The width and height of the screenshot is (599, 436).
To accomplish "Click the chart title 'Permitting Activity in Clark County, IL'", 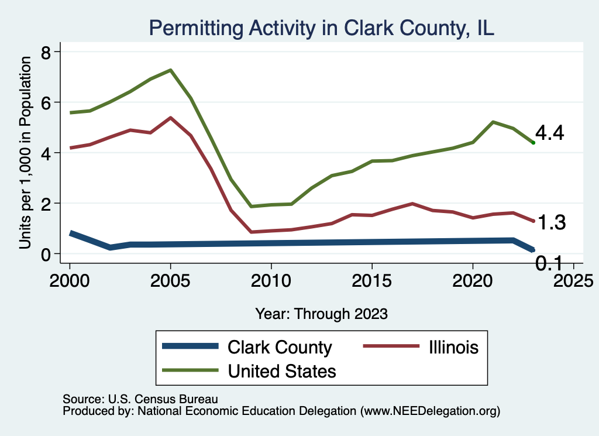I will (322, 28).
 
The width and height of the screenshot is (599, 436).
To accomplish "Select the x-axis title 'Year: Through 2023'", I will (321, 314).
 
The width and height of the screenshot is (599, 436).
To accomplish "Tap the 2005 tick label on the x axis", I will (170, 276).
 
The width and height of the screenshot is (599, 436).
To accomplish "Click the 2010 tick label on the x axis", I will (271, 276).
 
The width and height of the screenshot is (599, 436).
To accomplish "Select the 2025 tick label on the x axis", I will (573, 276).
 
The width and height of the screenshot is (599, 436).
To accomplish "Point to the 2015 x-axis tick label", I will (371, 276).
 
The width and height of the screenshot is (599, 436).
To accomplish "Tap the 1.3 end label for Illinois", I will (551, 222).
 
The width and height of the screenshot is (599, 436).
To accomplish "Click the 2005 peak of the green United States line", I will (170, 70).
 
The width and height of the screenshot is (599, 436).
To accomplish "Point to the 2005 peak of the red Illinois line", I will (170, 118).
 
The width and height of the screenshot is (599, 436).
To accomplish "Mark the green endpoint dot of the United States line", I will (533, 142).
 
